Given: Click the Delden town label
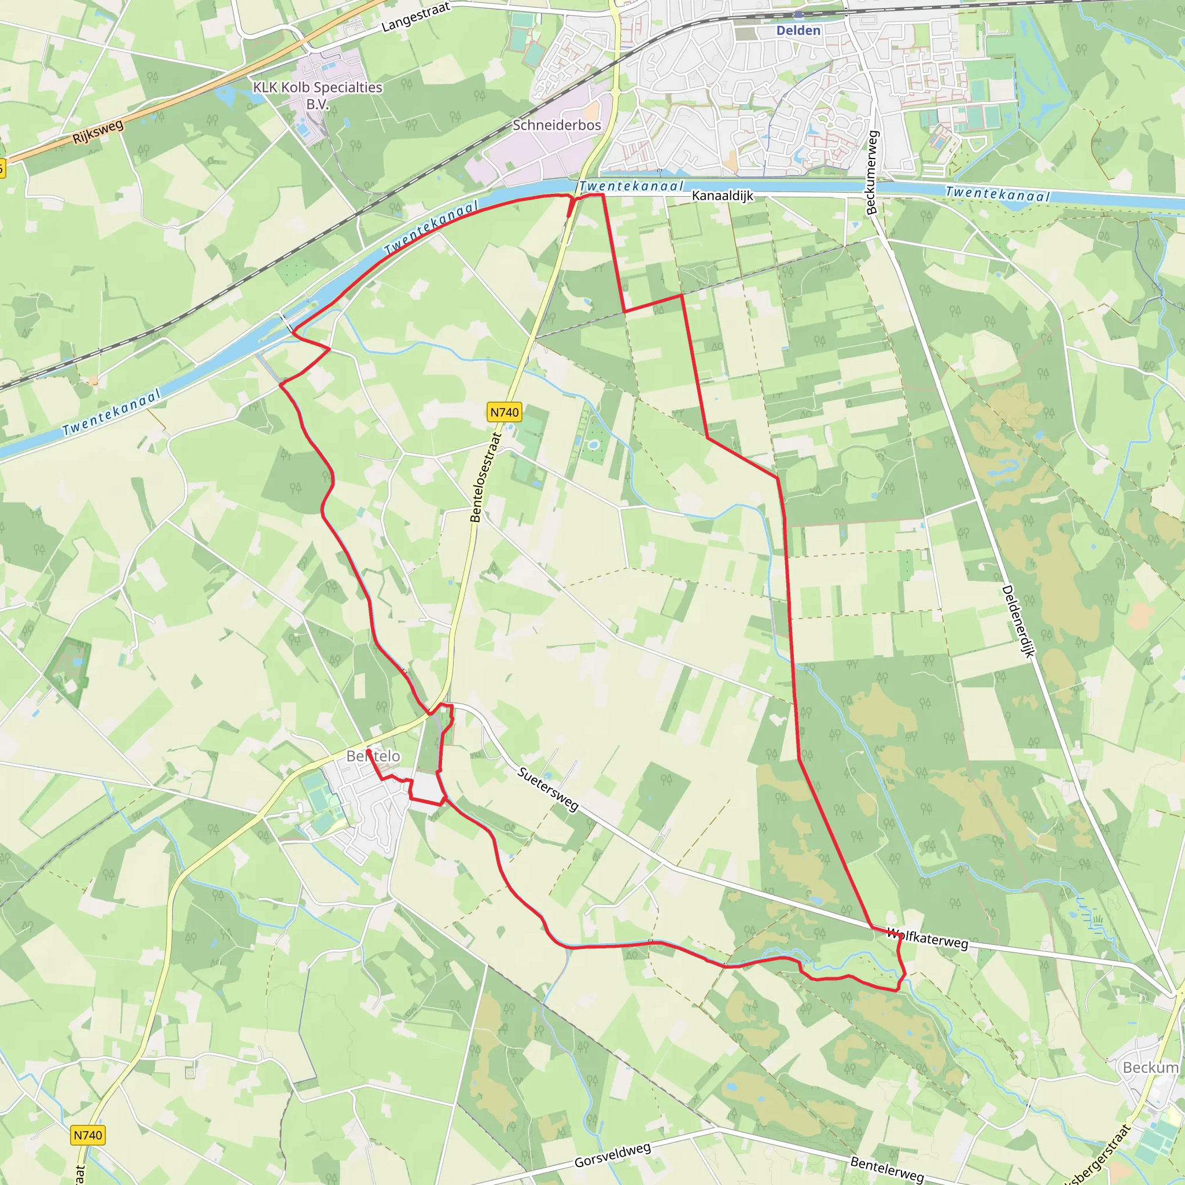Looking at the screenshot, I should [798, 31].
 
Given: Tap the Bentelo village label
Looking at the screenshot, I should [373, 756].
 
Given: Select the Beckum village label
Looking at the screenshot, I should [1150, 1068].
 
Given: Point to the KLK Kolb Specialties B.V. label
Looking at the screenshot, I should [318, 95].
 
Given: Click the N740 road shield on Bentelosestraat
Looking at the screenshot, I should [504, 412].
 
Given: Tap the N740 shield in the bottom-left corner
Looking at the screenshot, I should [88, 1135].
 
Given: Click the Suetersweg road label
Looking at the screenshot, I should [548, 789].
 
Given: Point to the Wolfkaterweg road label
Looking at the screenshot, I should [928, 939].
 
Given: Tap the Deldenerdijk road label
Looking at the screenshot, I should [1018, 621].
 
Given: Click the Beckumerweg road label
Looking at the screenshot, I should [872, 172].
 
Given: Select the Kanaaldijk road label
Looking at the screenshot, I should [722, 196].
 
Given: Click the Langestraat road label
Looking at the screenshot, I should [416, 17].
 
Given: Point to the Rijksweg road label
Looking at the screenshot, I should [98, 132].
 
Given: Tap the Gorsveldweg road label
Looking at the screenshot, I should [612, 1155].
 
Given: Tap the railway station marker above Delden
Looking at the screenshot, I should [798, 14].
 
